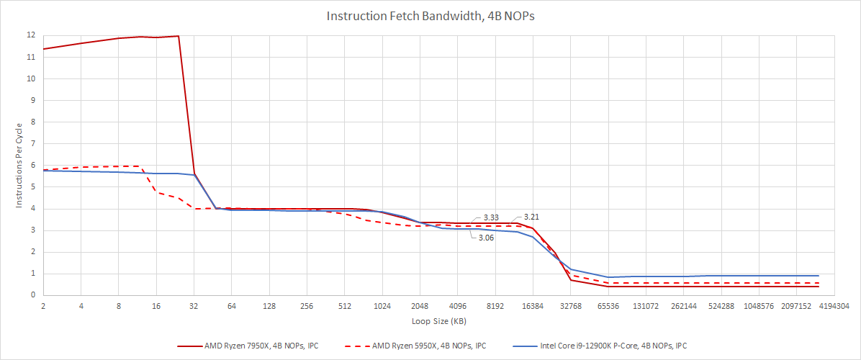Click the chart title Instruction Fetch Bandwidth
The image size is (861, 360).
click(x=430, y=15)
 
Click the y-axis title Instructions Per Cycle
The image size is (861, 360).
click(x=19, y=165)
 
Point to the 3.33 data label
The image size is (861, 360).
click(x=491, y=217)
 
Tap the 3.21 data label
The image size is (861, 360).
click(x=531, y=217)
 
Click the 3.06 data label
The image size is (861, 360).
click(x=487, y=238)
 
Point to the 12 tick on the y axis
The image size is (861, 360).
click(x=31, y=35)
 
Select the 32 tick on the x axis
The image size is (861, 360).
click(x=194, y=306)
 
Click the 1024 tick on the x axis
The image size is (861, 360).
click(x=382, y=306)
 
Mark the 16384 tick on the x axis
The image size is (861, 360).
click(x=533, y=306)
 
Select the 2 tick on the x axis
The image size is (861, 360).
click(x=43, y=306)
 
